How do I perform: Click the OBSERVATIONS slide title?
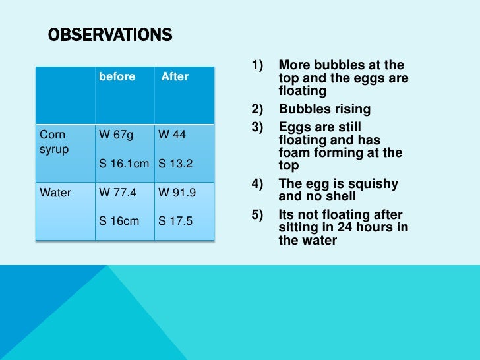click(x=110, y=35)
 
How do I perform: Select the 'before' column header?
click(x=117, y=76)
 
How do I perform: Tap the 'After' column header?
click(x=175, y=76)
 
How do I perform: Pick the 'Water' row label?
click(x=55, y=193)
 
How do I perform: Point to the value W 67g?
click(x=116, y=135)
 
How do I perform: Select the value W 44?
click(x=172, y=135)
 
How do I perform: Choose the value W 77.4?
click(x=118, y=193)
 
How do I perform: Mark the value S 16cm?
click(x=119, y=221)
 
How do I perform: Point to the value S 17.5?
click(x=175, y=221)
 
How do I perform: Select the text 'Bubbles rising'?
click(x=324, y=109)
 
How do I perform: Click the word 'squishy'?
click(x=373, y=184)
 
